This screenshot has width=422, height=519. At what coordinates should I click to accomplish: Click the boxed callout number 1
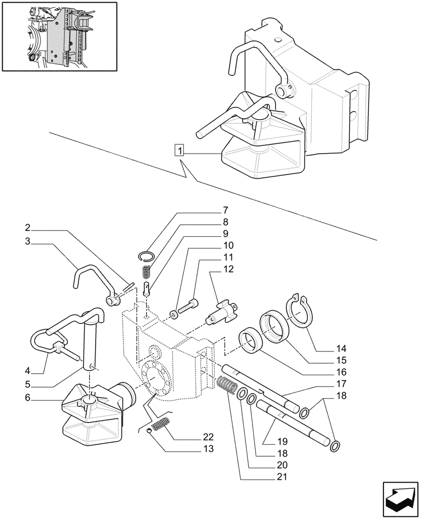click(179, 151)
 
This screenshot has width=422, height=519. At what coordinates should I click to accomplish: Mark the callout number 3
click(27, 241)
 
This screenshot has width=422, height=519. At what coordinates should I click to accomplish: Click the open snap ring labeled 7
click(148, 254)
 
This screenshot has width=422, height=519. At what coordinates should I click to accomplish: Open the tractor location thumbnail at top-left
click(59, 37)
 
